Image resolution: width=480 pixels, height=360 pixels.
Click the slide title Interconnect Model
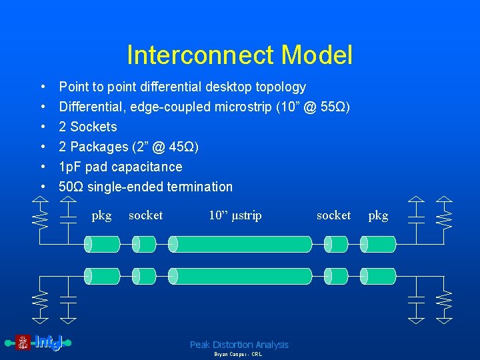(239, 55)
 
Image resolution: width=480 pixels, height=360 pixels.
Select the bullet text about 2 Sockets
(88, 127)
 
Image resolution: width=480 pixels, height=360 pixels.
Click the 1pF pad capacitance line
(121, 167)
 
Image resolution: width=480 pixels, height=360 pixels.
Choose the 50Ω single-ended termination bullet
(146, 187)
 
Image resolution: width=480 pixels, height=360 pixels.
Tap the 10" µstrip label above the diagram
(235, 215)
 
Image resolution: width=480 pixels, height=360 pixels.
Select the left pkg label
(101, 215)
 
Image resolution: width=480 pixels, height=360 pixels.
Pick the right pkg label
(378, 215)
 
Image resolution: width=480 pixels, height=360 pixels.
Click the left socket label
(145, 215)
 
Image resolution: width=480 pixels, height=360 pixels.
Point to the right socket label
(333, 215)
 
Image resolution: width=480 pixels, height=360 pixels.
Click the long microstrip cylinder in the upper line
(241, 244)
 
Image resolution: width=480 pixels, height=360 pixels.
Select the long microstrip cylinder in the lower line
(241, 276)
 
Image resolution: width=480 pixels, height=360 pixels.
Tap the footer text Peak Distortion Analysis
(239, 345)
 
